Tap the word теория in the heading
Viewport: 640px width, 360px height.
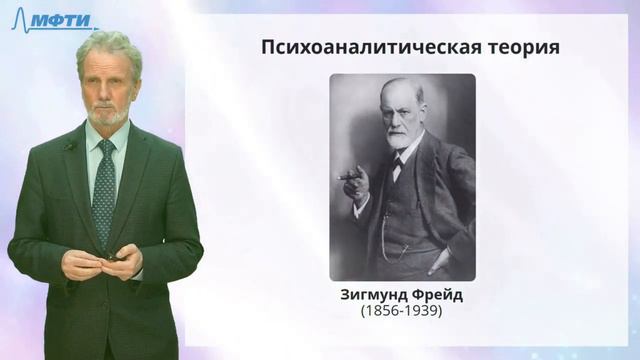coord(522,47)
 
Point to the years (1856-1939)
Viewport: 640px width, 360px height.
coord(402,312)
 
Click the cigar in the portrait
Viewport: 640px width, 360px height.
coord(350,178)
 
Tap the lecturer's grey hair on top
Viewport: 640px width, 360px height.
coord(108,45)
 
